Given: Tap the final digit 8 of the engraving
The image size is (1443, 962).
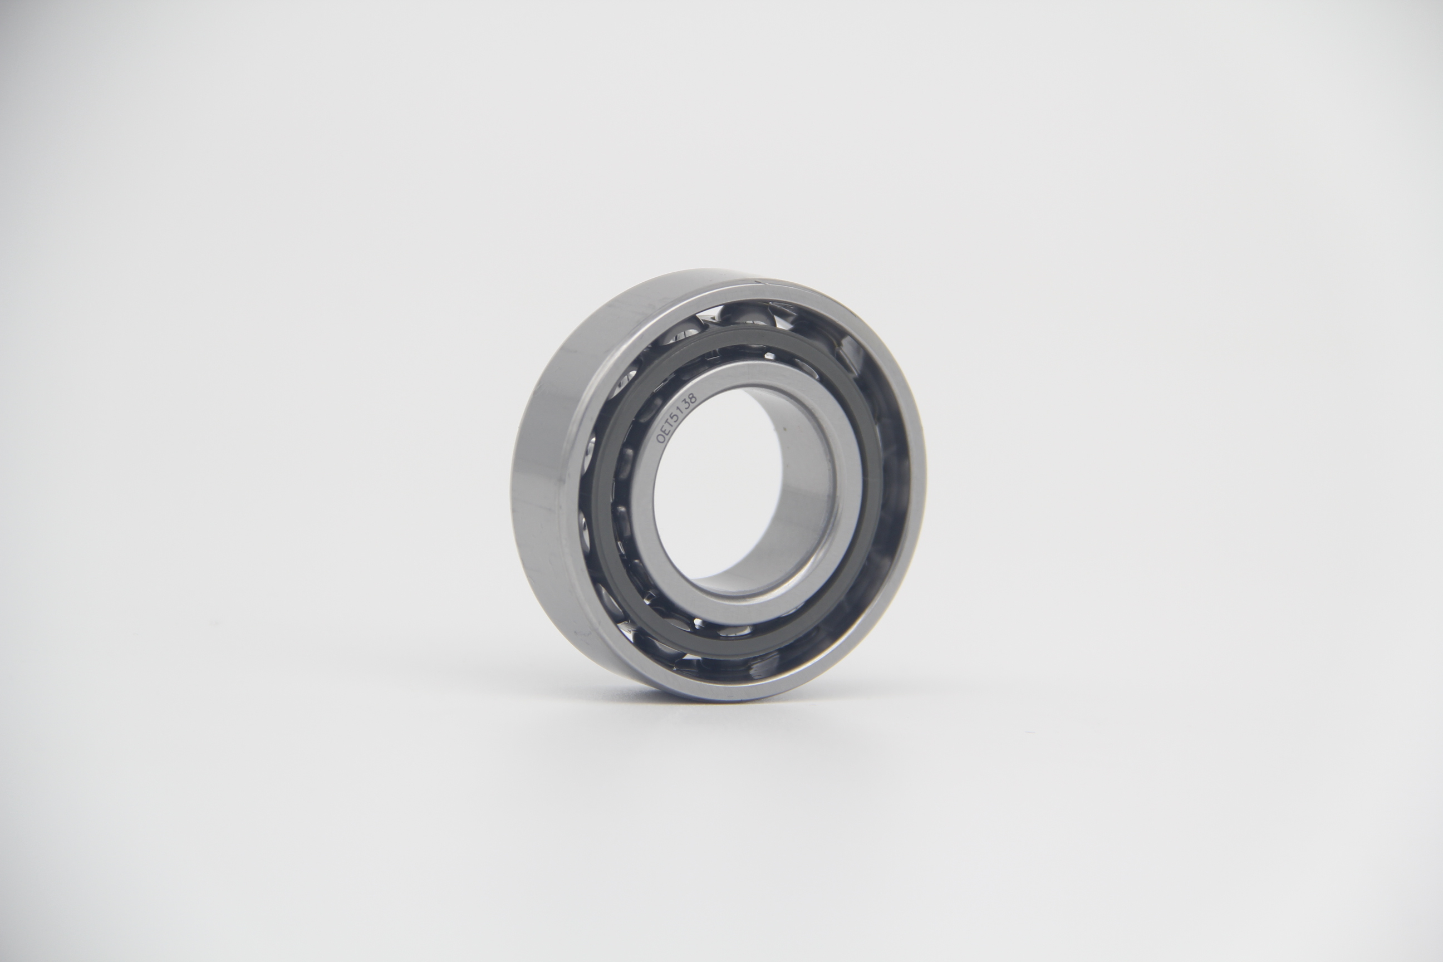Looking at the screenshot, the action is [693, 396].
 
